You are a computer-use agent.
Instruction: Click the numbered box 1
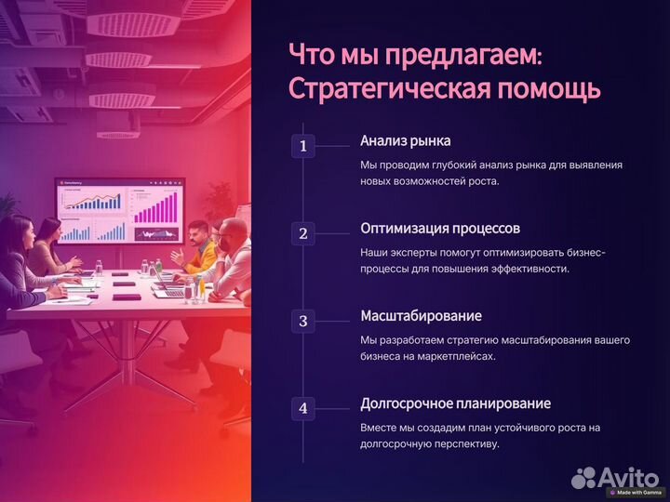(303, 146)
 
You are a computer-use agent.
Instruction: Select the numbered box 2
(303, 233)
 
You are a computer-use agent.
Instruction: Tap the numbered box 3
(303, 322)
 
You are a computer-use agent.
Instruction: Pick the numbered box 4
(303, 408)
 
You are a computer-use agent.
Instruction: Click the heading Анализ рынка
(405, 141)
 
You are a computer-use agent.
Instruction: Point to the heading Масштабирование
(422, 316)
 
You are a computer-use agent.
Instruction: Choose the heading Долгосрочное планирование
(455, 403)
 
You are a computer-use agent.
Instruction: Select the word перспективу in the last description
(459, 443)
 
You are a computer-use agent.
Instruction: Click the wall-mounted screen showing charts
(119, 212)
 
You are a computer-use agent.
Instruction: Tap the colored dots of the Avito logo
(583, 477)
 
